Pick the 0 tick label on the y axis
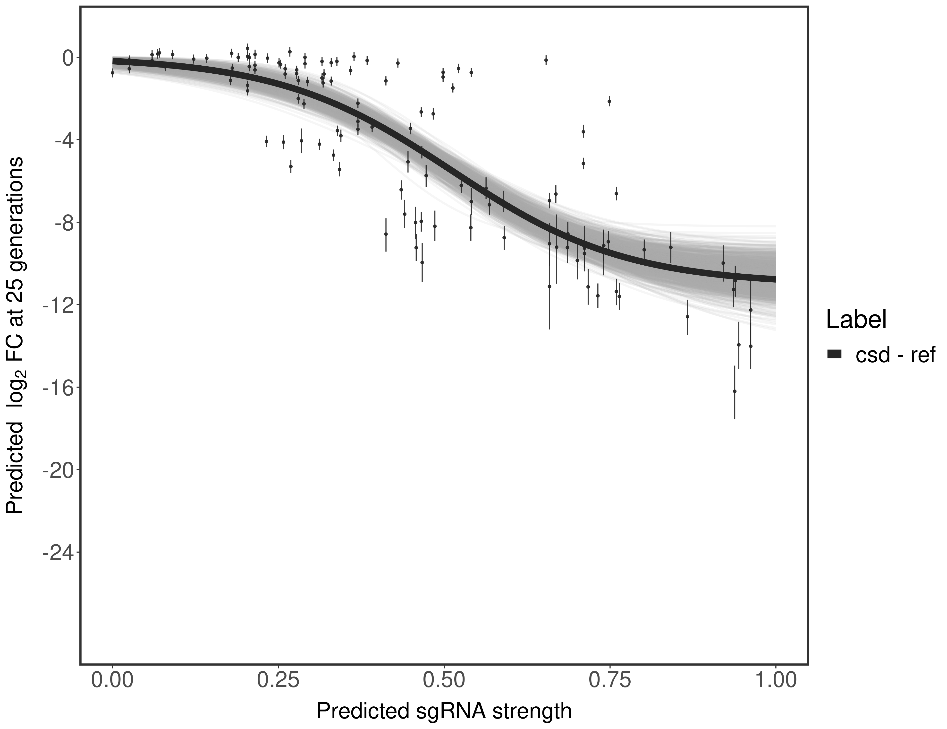pyautogui.click(x=68, y=58)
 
